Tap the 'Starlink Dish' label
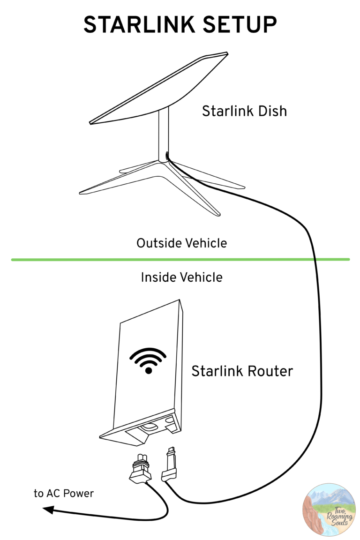(244, 112)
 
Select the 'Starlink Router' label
(242, 371)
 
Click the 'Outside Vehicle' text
(181, 243)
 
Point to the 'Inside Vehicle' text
(181, 277)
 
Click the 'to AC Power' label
(64, 493)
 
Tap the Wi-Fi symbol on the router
(148, 360)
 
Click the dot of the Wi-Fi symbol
(148, 370)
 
